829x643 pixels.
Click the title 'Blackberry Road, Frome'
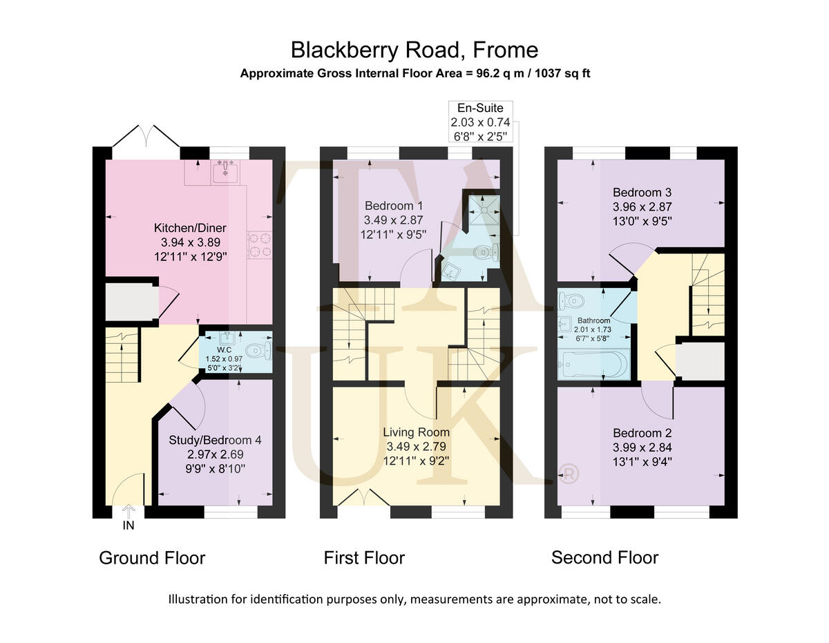tap(414, 50)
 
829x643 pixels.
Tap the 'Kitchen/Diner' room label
tap(190, 228)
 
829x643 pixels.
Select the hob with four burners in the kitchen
tap(258, 244)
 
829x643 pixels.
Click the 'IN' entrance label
tap(128, 526)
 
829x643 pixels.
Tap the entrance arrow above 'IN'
tap(128, 510)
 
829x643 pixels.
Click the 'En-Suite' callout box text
tap(481, 108)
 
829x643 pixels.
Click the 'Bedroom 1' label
tap(393, 206)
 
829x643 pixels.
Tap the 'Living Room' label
tap(416, 432)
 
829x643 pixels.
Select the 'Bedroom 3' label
tap(642, 193)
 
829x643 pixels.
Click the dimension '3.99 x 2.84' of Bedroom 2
tap(642, 448)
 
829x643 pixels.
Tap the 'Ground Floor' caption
tap(152, 558)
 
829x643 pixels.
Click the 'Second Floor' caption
tap(604, 557)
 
